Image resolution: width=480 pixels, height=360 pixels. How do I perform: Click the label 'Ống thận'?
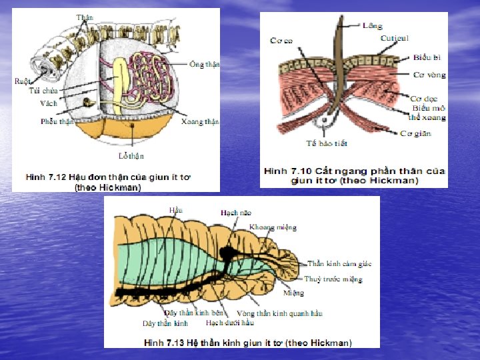point(205,65)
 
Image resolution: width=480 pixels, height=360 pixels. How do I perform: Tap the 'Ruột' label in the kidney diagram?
point(22,81)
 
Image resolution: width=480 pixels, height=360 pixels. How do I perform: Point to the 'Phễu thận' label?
point(57,121)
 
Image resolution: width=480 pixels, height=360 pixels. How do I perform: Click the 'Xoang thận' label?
point(200,122)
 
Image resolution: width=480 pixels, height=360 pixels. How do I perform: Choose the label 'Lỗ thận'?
point(131,155)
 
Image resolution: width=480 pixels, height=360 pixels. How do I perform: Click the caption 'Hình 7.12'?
point(45,177)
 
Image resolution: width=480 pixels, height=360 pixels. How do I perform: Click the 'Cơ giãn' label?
point(415,133)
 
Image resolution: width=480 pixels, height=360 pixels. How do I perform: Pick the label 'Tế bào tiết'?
point(327,143)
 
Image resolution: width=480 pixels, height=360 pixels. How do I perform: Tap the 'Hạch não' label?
point(236,212)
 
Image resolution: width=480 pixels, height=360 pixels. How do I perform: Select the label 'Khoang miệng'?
point(273,227)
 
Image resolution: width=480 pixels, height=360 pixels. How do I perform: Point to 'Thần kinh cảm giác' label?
point(339,263)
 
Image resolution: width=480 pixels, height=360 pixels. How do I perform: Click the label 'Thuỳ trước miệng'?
point(333,279)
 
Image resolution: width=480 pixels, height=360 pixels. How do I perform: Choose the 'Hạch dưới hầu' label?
point(229,323)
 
